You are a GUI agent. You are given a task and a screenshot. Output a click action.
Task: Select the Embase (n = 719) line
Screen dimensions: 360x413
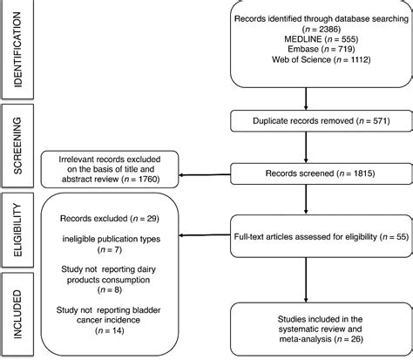tap(318, 56)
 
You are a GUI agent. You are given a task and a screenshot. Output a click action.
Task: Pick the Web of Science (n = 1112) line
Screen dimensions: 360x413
tap(318, 68)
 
